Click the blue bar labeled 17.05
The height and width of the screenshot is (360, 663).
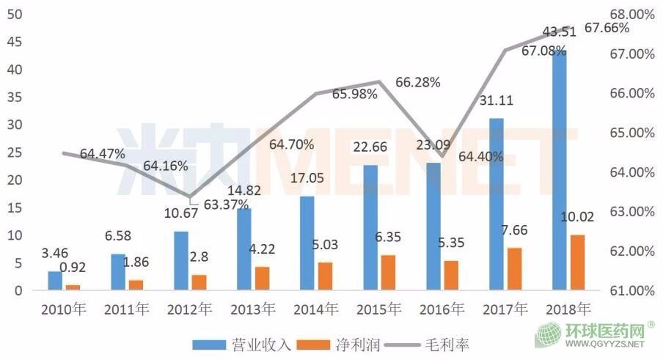coord(307,243)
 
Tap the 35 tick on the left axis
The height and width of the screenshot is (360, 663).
coord(15,97)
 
